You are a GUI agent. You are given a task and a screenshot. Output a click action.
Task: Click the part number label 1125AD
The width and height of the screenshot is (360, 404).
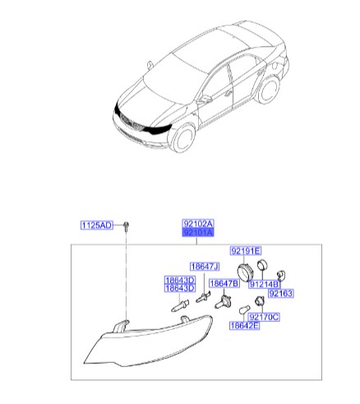pyautogui.click(x=97, y=226)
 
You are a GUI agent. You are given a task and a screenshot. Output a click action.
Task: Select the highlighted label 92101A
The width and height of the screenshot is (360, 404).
pyautogui.click(x=198, y=232)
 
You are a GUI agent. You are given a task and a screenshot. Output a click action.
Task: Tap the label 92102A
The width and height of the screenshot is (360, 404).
pyautogui.click(x=198, y=224)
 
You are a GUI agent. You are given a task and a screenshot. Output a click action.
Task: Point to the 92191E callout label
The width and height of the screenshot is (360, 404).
pyautogui.click(x=246, y=250)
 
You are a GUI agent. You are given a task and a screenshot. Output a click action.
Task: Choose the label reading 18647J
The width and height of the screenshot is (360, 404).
pyautogui.click(x=205, y=267)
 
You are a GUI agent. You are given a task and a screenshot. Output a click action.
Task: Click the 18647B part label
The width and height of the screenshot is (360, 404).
pyautogui.click(x=224, y=283)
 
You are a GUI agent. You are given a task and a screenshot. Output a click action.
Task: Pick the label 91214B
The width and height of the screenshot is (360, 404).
pyautogui.click(x=265, y=285)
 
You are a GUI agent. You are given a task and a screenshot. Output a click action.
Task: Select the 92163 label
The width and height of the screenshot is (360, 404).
pyautogui.click(x=281, y=293)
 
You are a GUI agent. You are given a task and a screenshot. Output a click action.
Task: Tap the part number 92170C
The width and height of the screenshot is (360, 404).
pyautogui.click(x=264, y=317)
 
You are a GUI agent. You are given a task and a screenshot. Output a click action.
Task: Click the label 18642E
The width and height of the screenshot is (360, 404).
pyautogui.click(x=244, y=325)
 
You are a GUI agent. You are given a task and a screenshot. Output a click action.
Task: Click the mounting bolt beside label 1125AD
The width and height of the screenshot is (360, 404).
pyautogui.click(x=126, y=227)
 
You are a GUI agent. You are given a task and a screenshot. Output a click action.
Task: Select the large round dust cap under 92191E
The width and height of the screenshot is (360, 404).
pyautogui.click(x=245, y=273)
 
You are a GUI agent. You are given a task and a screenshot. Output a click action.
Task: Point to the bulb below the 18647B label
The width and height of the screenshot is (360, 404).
pyautogui.click(x=223, y=302)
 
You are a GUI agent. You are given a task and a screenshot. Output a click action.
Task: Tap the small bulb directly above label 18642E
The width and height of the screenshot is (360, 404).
pyautogui.click(x=244, y=310)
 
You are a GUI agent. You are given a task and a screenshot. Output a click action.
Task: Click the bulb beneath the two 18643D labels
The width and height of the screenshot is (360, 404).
pyautogui.click(x=180, y=305)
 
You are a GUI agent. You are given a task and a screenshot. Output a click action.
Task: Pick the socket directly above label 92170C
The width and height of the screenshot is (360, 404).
pyautogui.click(x=259, y=301)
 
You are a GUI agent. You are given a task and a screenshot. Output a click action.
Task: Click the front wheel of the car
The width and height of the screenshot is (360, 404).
pyautogui.click(x=183, y=139)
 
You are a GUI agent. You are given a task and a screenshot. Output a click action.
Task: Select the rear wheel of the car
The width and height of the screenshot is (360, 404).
pyautogui.click(x=269, y=90)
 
